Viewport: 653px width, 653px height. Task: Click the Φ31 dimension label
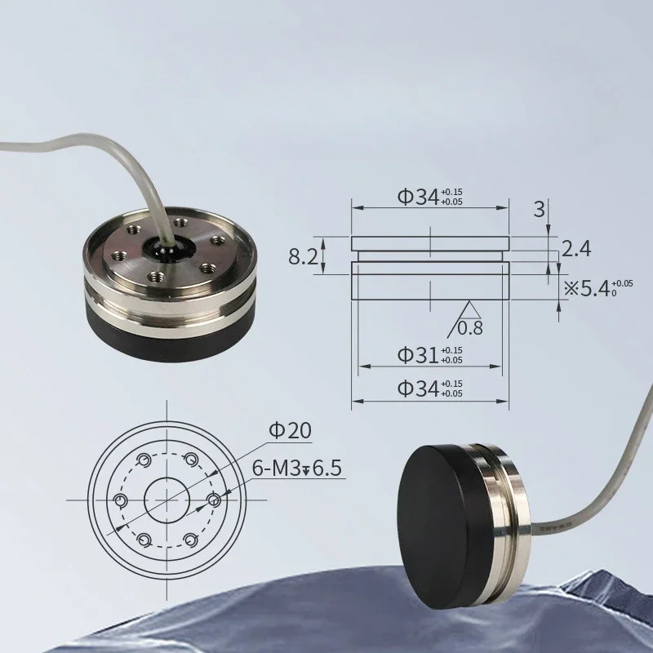430,355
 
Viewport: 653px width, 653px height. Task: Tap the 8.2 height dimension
303,256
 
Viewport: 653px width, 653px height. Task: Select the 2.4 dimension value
576,249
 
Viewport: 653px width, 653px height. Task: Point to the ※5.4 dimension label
598,288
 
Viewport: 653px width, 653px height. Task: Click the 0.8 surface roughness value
470,328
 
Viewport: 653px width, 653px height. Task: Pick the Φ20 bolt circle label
291,430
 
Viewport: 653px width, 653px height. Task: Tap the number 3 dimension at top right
540,209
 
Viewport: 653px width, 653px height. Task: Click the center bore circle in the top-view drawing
167,500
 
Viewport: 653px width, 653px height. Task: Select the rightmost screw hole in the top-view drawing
214,500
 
